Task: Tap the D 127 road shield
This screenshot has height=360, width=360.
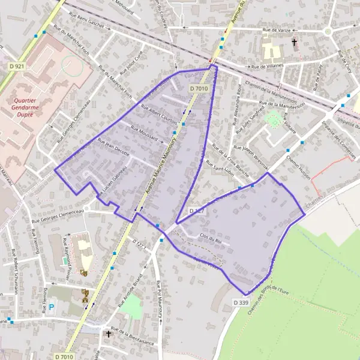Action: point(197,211)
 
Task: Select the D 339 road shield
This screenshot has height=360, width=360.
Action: point(241,303)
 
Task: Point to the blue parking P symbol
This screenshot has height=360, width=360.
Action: point(51,307)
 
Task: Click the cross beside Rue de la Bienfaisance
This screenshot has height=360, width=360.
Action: point(109,334)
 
